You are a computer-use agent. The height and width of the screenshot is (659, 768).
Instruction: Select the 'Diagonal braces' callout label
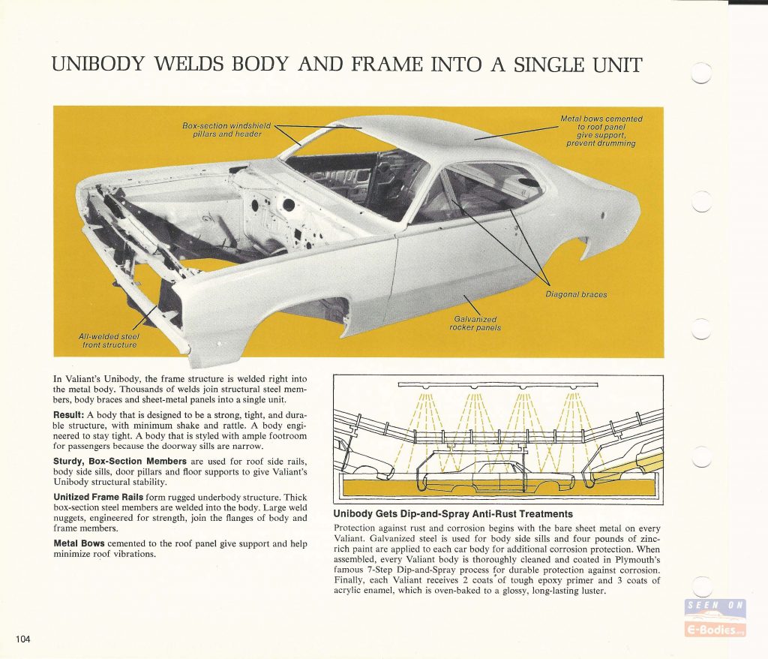pyautogui.click(x=576, y=294)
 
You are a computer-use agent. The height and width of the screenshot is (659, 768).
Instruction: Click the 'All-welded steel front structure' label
pyautogui.click(x=109, y=341)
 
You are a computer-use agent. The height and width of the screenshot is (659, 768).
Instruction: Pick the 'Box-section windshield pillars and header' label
pyautogui.click(x=226, y=129)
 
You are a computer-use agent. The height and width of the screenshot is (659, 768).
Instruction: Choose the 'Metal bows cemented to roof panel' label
pyautogui.click(x=601, y=131)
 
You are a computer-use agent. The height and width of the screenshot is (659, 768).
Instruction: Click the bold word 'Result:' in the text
pyautogui.click(x=69, y=415)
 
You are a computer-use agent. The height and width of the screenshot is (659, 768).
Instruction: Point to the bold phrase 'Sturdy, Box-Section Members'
pyautogui.click(x=120, y=461)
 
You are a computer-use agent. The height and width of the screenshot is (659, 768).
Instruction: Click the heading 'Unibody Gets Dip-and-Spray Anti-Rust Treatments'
pyautogui.click(x=453, y=514)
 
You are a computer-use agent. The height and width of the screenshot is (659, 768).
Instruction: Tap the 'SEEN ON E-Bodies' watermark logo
pyautogui.click(x=715, y=618)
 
